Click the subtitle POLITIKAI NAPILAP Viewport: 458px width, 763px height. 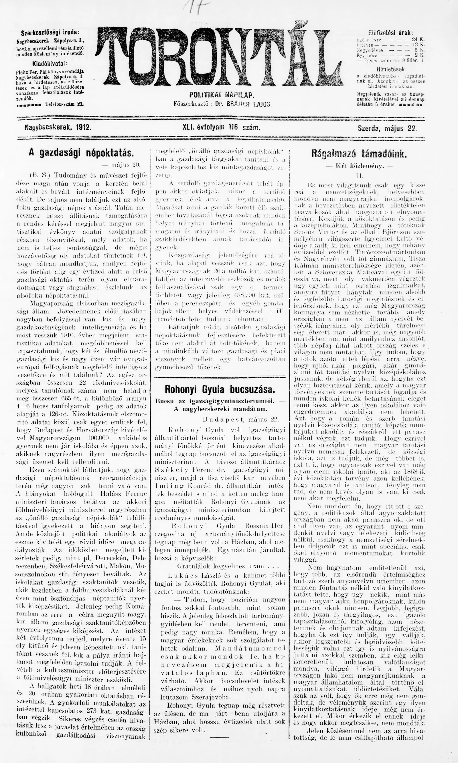tap(221, 95)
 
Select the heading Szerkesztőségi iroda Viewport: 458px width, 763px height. tap(50, 33)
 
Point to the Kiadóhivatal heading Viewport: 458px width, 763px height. tap(50, 64)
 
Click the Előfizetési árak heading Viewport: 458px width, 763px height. tap(391, 33)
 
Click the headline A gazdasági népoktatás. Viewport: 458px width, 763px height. tap(82, 153)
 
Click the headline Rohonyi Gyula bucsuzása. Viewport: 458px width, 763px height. tap(220, 389)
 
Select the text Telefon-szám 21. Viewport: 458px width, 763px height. tap(64, 104)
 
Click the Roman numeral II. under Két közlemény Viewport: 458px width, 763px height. tap(360, 176)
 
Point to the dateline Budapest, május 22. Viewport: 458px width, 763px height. tap(241, 419)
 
